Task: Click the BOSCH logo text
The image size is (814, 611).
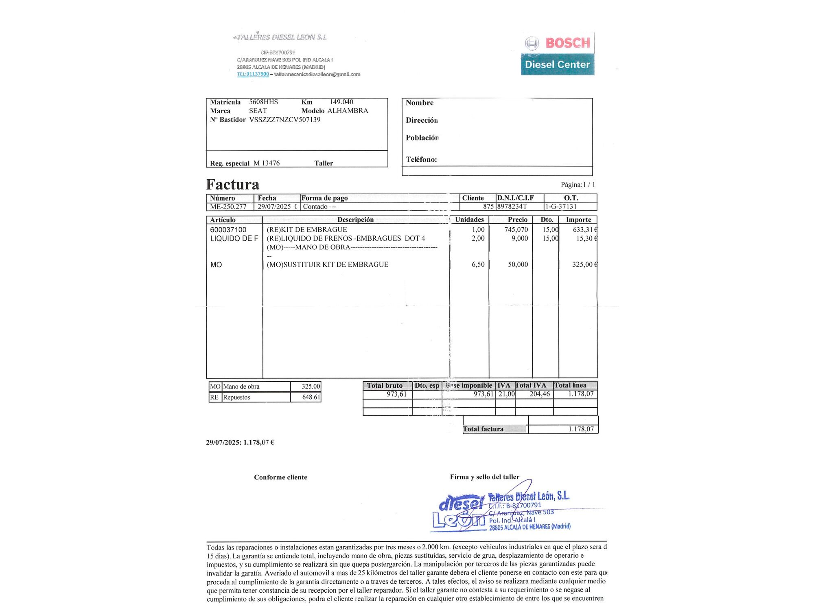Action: point(567,43)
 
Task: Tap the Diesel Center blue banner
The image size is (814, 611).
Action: point(557,64)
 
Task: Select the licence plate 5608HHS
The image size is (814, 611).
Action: point(263,102)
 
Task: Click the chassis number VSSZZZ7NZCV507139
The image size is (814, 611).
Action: point(284,120)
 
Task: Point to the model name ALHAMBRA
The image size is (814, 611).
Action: point(348,111)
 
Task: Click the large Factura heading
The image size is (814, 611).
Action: point(232,185)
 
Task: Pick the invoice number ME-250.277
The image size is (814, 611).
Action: point(228,207)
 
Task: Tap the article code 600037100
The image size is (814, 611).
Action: point(228,230)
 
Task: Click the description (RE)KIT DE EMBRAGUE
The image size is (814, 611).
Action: point(306,230)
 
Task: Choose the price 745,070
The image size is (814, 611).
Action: point(516,230)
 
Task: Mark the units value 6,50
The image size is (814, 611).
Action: point(478,264)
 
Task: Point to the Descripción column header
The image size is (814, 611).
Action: point(355,220)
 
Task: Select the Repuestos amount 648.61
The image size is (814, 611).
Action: point(311,397)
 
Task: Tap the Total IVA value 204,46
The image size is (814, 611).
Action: point(539,394)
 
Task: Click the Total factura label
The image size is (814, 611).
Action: point(483,429)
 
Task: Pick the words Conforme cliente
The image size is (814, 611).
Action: point(280,477)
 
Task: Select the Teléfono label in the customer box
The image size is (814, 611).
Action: point(421,160)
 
